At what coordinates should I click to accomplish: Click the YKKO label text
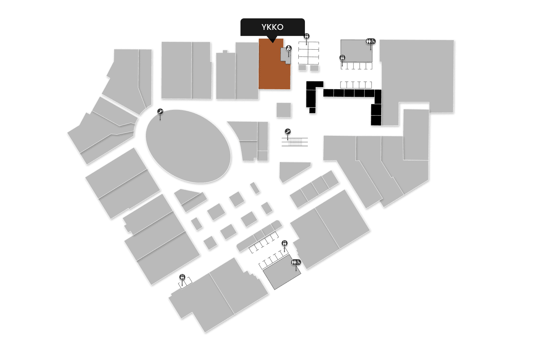273,27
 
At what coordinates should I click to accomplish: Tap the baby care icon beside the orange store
289,48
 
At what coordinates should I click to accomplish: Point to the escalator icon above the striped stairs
288,131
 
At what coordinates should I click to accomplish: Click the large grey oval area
188,146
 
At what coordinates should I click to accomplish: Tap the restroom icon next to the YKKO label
307,36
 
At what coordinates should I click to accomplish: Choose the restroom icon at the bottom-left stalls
182,277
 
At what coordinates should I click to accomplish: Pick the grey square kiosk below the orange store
284,110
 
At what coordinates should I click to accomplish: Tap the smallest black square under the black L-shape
312,110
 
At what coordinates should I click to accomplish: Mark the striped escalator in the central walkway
295,141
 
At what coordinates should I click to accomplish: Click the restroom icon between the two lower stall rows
285,243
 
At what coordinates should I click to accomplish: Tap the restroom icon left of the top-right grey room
342,57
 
